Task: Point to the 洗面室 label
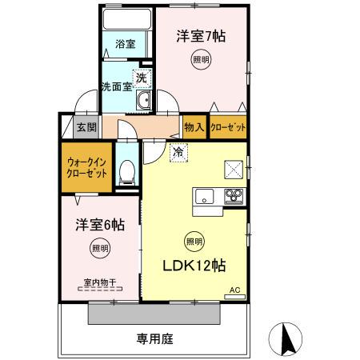point(116,87)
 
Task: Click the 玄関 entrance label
point(86,126)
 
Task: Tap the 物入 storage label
point(193,126)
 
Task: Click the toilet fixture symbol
point(126,172)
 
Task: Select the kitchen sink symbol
point(203,195)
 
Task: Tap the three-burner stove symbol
point(233,195)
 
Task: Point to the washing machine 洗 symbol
point(140,78)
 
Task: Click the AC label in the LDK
point(234,291)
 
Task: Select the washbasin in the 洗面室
point(144,102)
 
